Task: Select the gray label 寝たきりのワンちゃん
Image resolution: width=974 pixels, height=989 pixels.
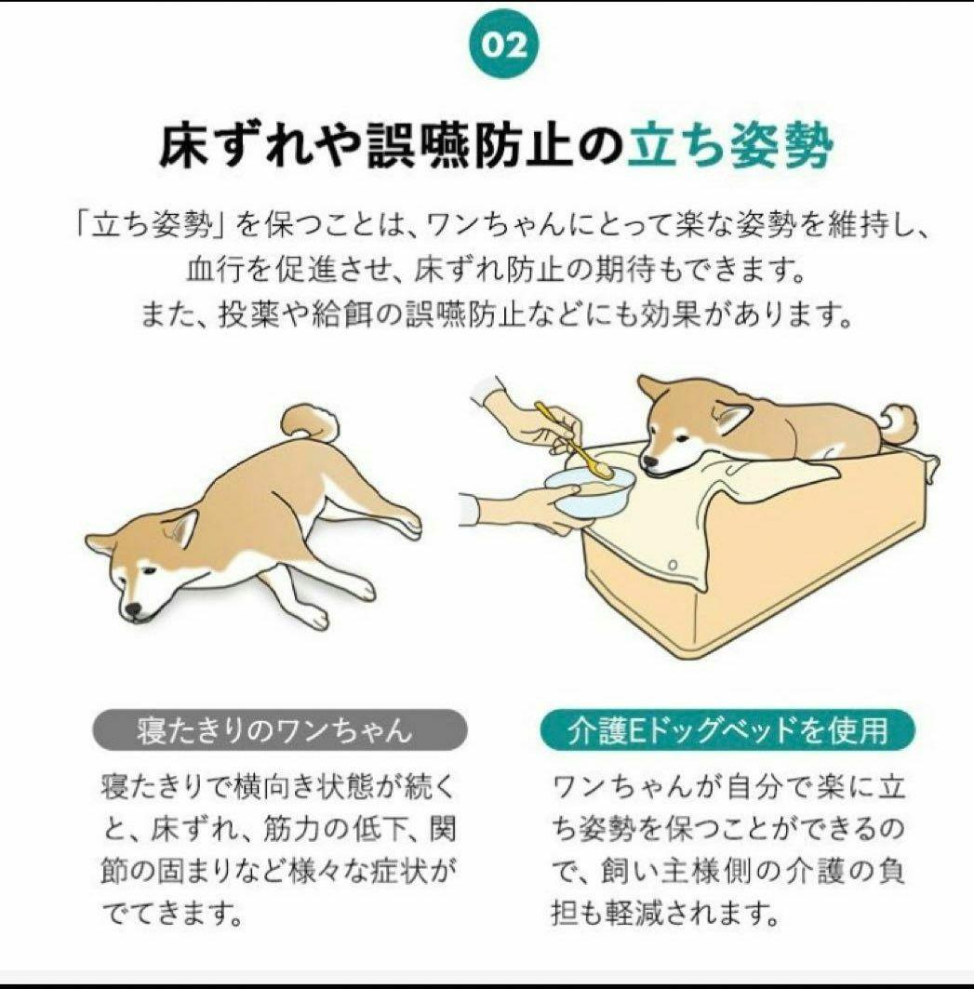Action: point(280,729)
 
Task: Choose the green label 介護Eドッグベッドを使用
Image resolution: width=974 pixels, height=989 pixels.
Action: point(727,730)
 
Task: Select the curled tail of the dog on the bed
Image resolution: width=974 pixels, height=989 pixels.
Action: point(899,423)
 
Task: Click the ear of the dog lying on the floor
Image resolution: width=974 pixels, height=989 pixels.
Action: point(181,528)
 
